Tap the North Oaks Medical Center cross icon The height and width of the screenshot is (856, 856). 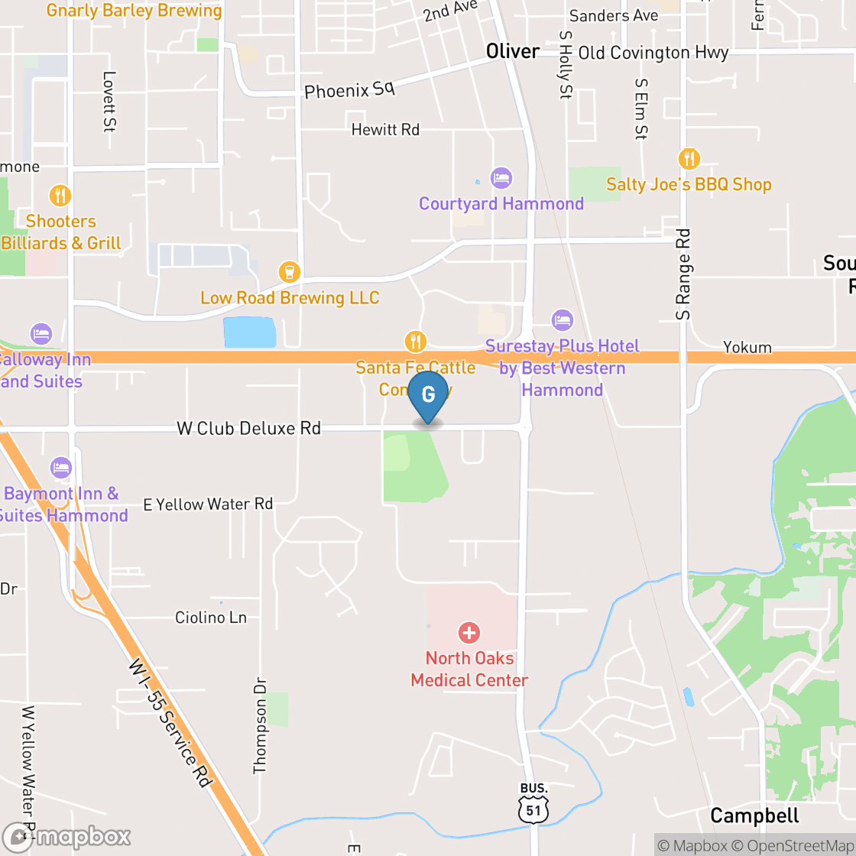pyautogui.click(x=469, y=633)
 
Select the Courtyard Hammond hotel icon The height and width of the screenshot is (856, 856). pyautogui.click(x=501, y=178)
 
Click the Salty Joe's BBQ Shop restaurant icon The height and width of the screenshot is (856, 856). pyautogui.click(x=689, y=159)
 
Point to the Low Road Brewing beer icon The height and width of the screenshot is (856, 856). pyautogui.click(x=289, y=271)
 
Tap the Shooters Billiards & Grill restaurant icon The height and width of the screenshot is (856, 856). pyautogui.click(x=60, y=196)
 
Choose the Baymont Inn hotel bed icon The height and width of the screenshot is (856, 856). pyautogui.click(x=60, y=468)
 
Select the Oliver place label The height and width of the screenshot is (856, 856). pyautogui.click(x=513, y=51)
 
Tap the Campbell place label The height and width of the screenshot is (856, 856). pyautogui.click(x=754, y=815)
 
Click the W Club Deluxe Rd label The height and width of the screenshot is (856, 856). pyautogui.click(x=248, y=428)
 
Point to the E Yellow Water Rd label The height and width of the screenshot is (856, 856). pyautogui.click(x=208, y=504)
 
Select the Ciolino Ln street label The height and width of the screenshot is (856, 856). pyautogui.click(x=211, y=617)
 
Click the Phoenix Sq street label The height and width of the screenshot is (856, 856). pyautogui.click(x=349, y=90)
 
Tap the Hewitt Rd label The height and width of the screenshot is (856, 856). pyautogui.click(x=385, y=130)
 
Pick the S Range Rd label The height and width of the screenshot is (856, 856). pyautogui.click(x=683, y=274)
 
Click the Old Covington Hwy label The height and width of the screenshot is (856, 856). pyautogui.click(x=653, y=53)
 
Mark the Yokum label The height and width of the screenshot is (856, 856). pyautogui.click(x=747, y=348)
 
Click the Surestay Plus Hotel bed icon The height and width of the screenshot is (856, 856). pyautogui.click(x=562, y=319)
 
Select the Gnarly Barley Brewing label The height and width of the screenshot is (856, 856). pyautogui.click(x=134, y=11)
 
